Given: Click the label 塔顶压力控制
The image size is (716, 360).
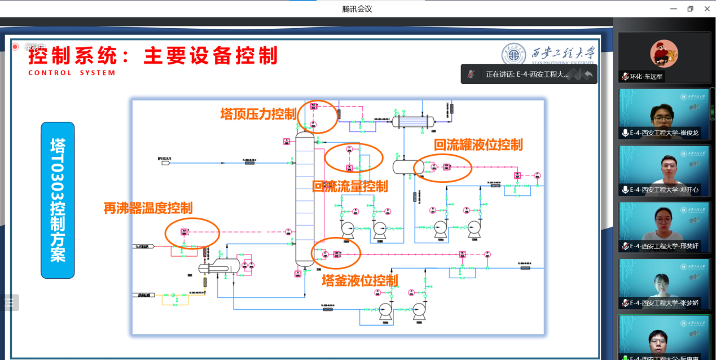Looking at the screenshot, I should [x=258, y=114].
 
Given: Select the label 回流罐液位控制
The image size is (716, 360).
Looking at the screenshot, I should [x=478, y=144].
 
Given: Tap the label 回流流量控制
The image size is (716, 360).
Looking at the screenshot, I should [x=350, y=186].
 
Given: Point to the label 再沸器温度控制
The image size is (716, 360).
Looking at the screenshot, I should [x=148, y=208].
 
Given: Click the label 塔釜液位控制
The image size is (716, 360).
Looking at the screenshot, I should [x=359, y=280].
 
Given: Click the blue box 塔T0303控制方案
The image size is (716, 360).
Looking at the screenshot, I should [x=58, y=200].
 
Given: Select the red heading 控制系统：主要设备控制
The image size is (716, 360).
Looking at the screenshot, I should [x=153, y=56].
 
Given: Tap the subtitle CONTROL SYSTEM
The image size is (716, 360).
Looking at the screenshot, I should [x=72, y=73].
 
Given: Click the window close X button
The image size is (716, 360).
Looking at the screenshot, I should [x=707, y=8].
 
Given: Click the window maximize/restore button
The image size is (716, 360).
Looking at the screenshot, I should [x=690, y=8].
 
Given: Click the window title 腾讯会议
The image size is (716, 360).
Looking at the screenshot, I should [x=357, y=9].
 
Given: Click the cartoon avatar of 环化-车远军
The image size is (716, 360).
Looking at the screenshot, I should [x=664, y=53].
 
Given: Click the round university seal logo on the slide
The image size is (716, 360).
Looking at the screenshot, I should [x=514, y=54].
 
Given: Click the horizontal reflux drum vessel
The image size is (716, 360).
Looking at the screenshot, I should [x=407, y=166].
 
